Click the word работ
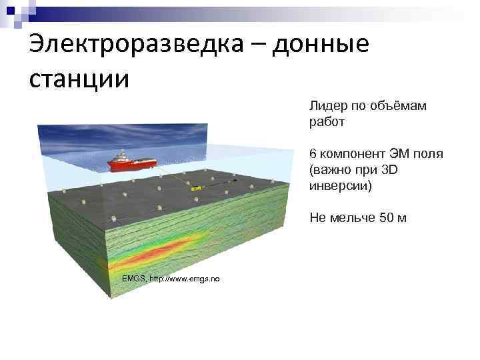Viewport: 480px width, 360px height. coord(327,122)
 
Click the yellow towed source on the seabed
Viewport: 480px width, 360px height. coord(194,189)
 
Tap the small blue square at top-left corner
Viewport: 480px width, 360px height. coord(6,5)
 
